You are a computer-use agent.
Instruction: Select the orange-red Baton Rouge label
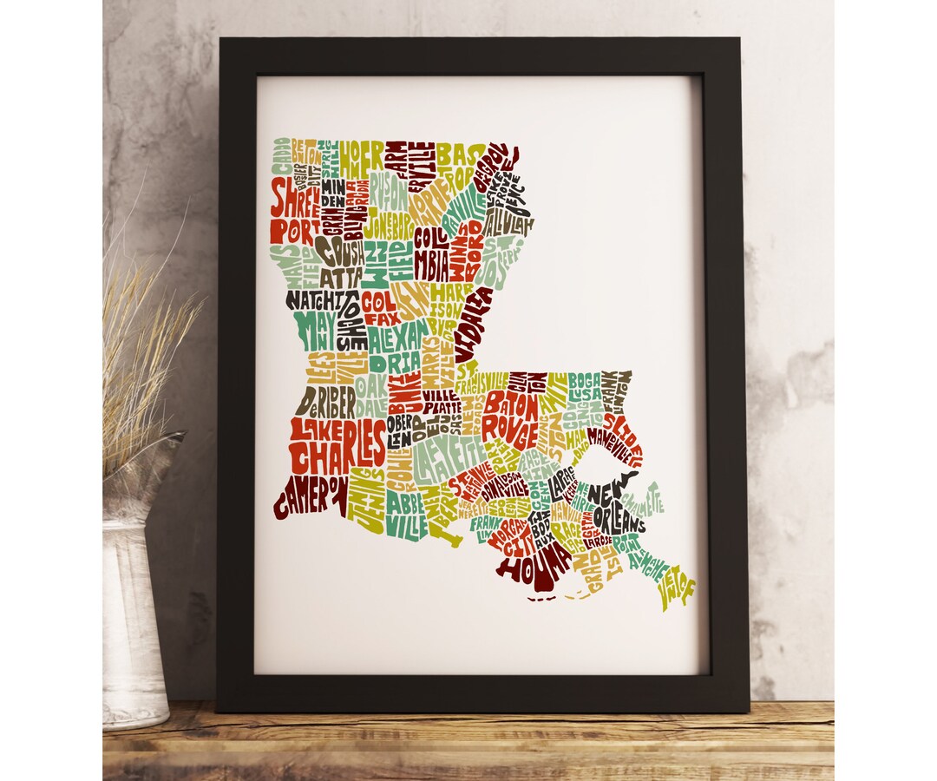(512, 417)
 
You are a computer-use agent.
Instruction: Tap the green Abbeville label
(405, 513)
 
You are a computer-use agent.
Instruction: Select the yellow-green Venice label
(677, 591)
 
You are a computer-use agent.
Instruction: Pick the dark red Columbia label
(431, 252)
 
